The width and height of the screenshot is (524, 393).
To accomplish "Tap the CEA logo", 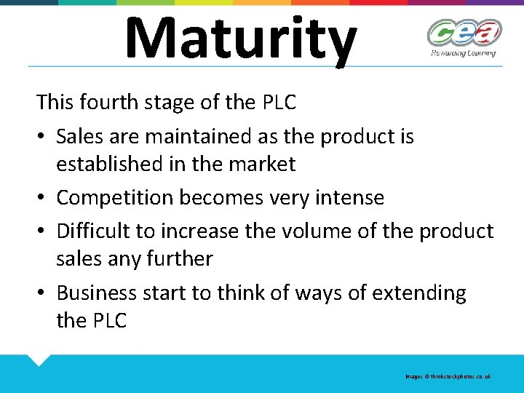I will (x=464, y=33).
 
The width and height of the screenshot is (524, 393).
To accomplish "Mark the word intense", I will (x=346, y=197).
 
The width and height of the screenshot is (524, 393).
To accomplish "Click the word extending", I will (x=418, y=293).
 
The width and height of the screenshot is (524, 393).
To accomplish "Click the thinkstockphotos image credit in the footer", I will (x=448, y=376).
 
